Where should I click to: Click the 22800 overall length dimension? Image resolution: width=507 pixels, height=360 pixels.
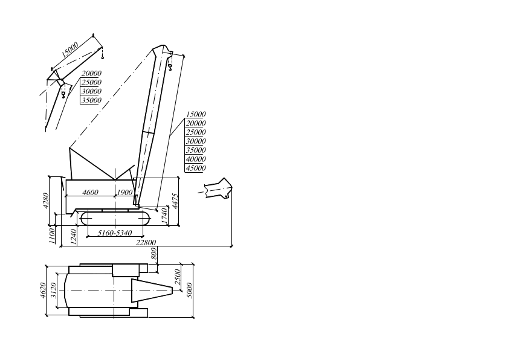click(146, 242)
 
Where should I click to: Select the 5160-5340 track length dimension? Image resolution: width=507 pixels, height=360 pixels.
click(115, 233)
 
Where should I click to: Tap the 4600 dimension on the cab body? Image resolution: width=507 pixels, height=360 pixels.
click(90, 193)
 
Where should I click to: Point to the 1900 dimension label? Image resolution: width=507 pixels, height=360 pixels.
click(124, 193)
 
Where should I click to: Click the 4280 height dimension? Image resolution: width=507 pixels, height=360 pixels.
click(46, 201)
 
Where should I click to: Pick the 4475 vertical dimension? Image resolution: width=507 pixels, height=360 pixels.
click(175, 201)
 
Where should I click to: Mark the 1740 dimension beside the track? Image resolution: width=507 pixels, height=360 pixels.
click(164, 216)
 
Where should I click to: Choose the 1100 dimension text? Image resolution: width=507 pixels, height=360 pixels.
click(52, 236)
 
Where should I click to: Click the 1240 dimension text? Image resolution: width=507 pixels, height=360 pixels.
click(73, 237)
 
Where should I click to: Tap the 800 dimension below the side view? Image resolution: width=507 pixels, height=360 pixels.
click(154, 254)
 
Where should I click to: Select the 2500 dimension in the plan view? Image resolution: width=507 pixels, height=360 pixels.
click(178, 277)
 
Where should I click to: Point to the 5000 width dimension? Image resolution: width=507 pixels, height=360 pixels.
click(190, 291)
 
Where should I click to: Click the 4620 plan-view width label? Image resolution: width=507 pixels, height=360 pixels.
click(43, 290)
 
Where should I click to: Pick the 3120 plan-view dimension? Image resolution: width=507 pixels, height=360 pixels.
click(53, 290)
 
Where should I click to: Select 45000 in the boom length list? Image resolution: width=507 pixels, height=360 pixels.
click(196, 169)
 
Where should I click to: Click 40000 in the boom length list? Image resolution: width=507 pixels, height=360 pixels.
click(196, 159)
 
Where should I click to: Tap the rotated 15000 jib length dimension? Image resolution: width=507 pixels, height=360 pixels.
click(70, 50)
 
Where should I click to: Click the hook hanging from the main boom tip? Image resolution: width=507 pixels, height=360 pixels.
click(170, 67)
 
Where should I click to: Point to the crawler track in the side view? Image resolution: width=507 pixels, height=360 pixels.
click(115, 219)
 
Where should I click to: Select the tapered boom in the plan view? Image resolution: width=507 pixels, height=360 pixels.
click(152, 291)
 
